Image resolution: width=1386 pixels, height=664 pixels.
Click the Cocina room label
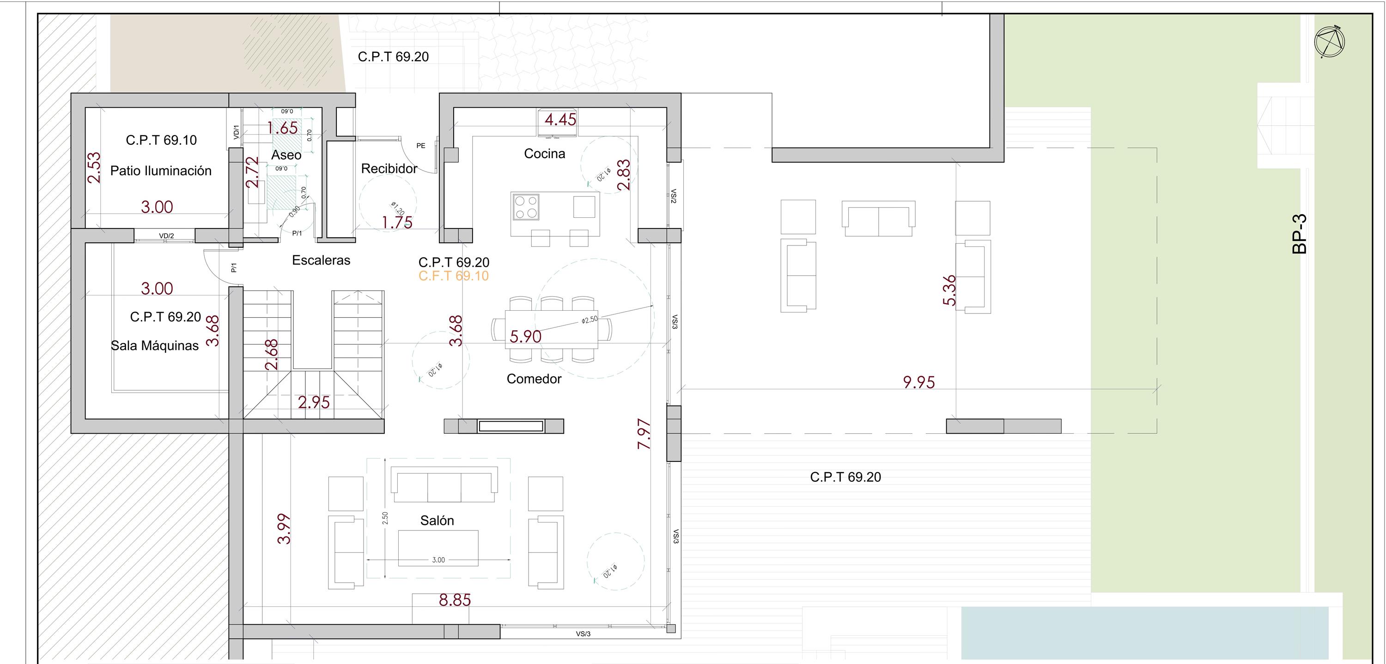coord(545,154)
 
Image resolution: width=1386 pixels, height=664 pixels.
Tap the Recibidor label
coord(389,169)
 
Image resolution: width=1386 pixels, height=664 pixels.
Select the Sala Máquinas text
coord(154,345)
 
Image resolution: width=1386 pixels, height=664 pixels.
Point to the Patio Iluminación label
coord(160,171)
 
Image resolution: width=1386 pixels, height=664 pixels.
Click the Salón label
coord(437,520)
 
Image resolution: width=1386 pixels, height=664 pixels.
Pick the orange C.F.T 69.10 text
coord(454,276)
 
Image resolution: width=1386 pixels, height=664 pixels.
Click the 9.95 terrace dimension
coord(918,382)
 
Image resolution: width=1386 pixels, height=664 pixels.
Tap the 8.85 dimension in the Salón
coord(455,600)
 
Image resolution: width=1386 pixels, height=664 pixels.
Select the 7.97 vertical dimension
coord(644,434)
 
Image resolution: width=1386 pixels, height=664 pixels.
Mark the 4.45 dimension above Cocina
coord(560,120)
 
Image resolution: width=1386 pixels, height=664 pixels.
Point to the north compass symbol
coord(1329,42)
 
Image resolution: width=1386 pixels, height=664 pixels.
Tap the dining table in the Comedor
coord(551,330)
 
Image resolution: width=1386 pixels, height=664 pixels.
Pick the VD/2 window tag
coord(166,236)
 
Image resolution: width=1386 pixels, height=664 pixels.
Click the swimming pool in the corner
coord(1144,633)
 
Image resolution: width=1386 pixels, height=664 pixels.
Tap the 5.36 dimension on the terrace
coord(950,290)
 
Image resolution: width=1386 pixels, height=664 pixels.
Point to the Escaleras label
coord(321,260)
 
